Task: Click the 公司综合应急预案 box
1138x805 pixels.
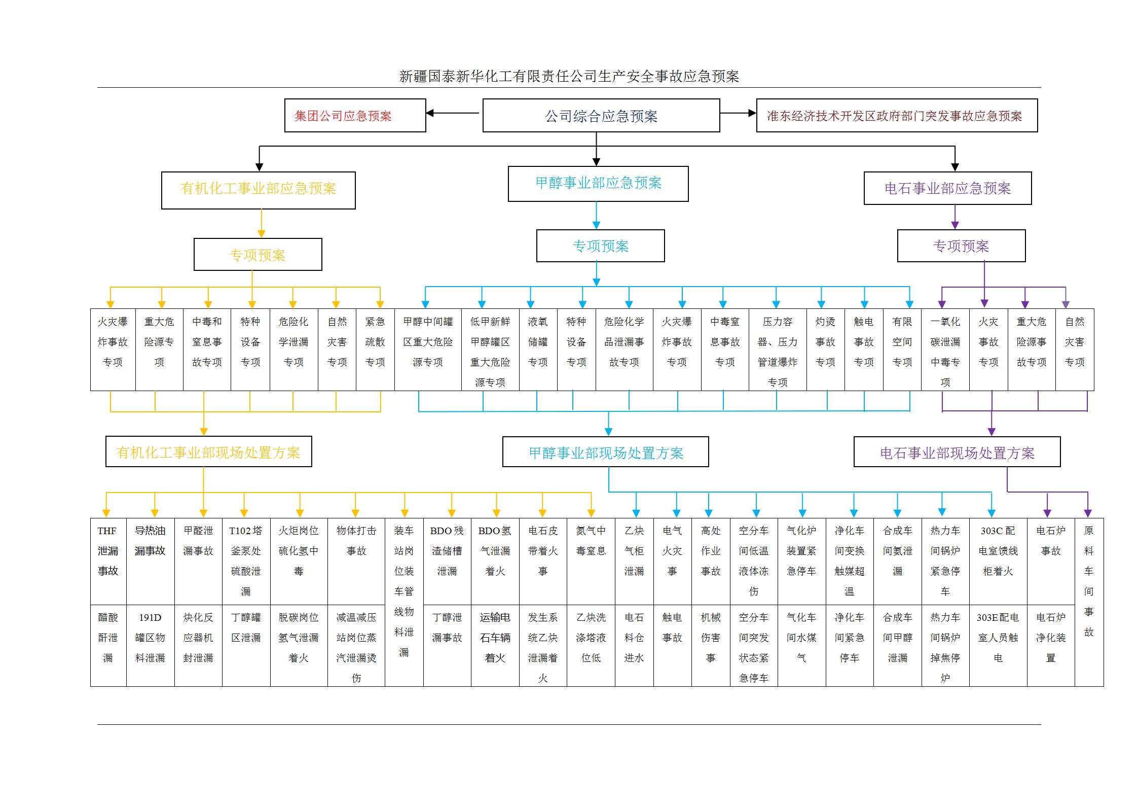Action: point(601,116)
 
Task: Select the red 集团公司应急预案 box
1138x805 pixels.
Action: point(354,116)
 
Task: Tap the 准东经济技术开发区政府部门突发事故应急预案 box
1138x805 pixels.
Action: point(896,116)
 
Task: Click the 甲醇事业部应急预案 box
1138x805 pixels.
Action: point(598,184)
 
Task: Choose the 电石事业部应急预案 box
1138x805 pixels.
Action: point(947,188)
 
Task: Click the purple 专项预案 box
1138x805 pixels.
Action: point(961,246)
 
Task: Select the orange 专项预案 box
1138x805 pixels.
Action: point(258,254)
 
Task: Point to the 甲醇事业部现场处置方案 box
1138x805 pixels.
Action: point(605,452)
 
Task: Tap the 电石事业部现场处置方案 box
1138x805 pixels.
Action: point(957,452)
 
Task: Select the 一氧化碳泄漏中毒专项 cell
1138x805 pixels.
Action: point(945,349)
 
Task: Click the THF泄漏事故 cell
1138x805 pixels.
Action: point(108,561)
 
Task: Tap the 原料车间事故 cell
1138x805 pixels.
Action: point(1088,602)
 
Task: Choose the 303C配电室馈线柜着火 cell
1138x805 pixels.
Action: point(998,561)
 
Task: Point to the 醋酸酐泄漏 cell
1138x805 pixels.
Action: point(108,645)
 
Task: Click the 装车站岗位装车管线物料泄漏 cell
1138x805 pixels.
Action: point(403,602)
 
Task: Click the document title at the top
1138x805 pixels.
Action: point(569,76)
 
